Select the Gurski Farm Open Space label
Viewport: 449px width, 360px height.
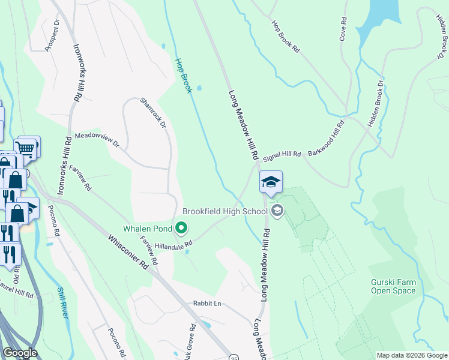click(x=393, y=286)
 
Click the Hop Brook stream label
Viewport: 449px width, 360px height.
click(x=183, y=75)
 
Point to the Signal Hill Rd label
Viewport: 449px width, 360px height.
click(x=282, y=154)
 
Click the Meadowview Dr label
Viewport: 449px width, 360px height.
click(x=97, y=140)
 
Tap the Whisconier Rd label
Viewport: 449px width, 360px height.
click(x=128, y=251)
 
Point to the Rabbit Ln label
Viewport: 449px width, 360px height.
click(x=207, y=304)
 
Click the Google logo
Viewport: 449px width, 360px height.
click(x=19, y=353)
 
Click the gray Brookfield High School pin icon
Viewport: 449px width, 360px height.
click(x=277, y=210)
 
